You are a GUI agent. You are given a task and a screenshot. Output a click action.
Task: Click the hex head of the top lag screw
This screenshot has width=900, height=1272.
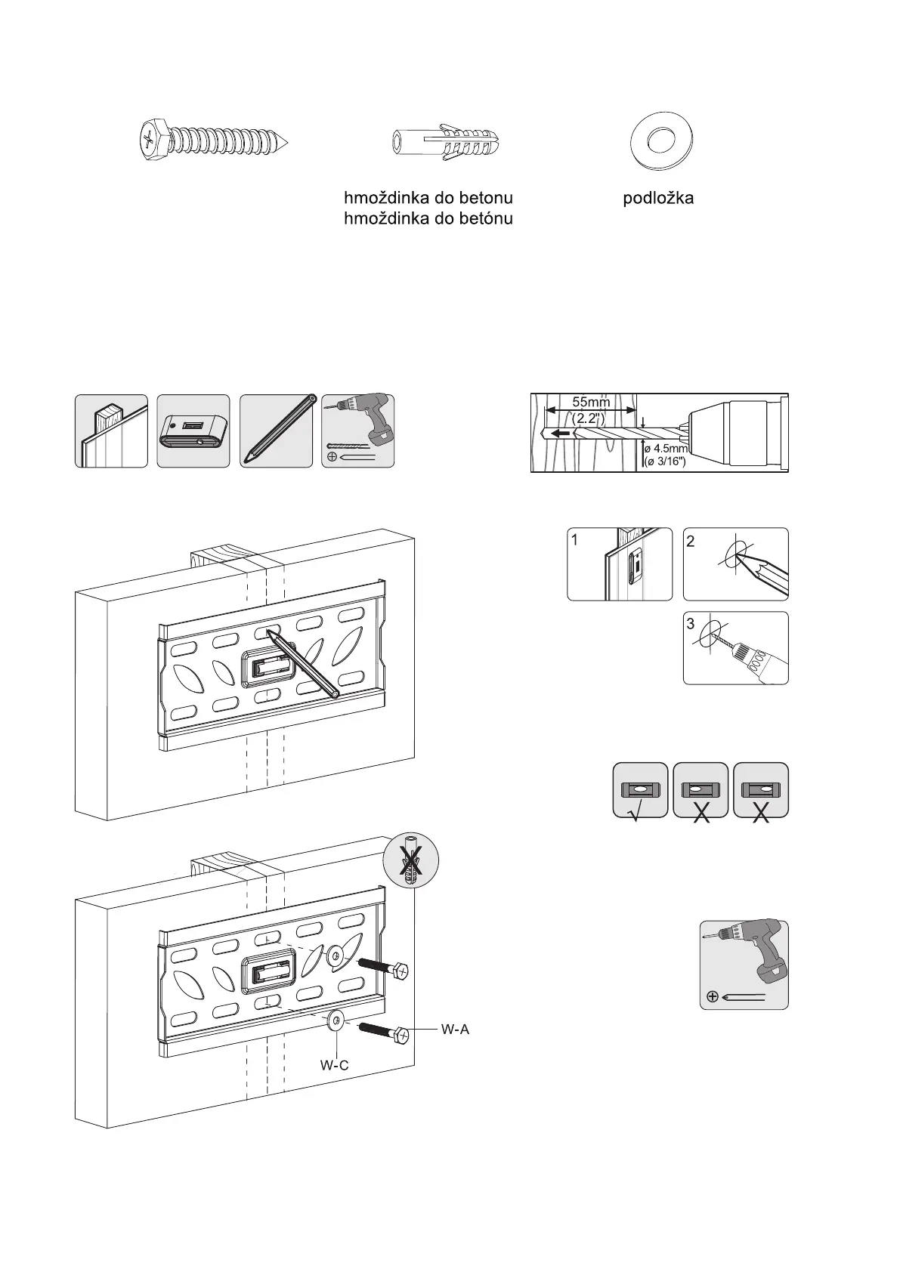coord(150,140)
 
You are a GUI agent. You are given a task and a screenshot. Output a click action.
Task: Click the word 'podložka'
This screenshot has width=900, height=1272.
coord(658,199)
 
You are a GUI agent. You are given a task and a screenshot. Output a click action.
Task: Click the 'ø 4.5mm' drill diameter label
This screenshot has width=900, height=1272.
coord(665,448)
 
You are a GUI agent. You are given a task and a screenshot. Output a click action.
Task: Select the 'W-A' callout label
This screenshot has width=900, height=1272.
coord(455,1029)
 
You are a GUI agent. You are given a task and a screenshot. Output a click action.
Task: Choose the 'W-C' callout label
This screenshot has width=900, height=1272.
coord(334,1066)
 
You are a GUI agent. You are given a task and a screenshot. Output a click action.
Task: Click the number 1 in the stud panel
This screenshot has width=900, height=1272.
coord(576,540)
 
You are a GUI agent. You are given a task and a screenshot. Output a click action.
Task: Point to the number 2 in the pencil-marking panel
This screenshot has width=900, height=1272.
coord(691,542)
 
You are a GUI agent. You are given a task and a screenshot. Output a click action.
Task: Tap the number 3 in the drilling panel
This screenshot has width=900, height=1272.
coord(691,625)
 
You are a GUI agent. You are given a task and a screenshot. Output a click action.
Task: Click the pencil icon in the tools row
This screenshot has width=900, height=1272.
coord(276,431)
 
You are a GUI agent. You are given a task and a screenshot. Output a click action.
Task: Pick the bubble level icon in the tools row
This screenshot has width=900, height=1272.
coord(193,431)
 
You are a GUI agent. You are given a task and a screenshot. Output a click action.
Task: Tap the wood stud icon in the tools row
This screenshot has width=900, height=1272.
coord(111,431)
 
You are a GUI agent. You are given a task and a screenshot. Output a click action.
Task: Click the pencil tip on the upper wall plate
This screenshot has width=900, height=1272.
coord(271,636)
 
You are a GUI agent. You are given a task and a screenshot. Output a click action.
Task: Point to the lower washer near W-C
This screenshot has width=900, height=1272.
coord(336,1020)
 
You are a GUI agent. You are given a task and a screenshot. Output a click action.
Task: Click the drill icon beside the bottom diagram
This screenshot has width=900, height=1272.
coord(744,965)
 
